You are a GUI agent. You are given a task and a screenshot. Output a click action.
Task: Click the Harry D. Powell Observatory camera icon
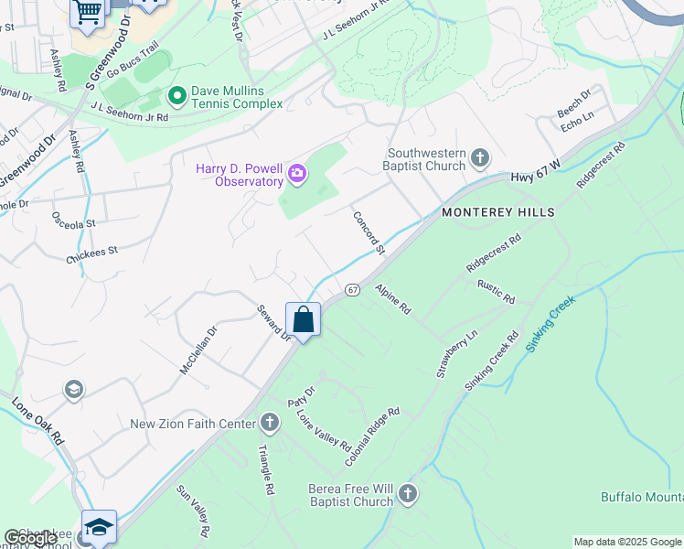(296, 173)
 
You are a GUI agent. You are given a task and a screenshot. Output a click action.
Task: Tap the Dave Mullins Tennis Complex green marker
(176, 94)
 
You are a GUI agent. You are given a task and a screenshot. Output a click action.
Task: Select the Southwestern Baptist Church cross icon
(479, 160)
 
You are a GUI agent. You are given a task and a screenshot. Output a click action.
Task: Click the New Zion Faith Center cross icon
(269, 423)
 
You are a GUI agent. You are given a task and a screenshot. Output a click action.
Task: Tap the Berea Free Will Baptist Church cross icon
(407, 495)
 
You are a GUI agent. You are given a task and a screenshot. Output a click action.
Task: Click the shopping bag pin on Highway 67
(303, 321)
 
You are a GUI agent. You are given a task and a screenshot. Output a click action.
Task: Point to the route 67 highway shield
(352, 289)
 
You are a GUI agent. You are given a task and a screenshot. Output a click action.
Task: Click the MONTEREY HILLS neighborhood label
(498, 211)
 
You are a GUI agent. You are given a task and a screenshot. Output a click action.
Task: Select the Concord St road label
(369, 232)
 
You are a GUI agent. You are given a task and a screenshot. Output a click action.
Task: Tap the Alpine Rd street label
(392, 299)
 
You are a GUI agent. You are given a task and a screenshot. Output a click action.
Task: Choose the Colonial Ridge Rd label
(372, 437)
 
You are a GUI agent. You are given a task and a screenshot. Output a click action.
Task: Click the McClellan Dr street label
(198, 351)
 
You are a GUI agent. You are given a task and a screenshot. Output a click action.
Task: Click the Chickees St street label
(92, 250)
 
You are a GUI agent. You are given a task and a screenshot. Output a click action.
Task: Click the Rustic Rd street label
(496, 292)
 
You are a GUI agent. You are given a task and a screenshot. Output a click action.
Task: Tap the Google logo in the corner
(31, 539)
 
